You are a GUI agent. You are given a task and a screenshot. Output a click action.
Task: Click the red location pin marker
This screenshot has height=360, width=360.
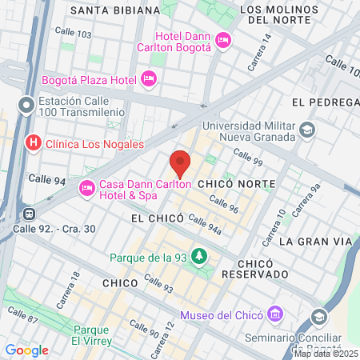[x=181, y=162]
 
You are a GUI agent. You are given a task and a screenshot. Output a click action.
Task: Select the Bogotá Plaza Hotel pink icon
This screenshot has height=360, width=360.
[x=148, y=78]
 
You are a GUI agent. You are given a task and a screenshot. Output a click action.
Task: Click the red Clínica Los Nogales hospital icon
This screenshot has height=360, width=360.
[x=34, y=143]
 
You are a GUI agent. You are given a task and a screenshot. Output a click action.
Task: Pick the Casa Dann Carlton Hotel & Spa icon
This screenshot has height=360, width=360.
[x=87, y=189]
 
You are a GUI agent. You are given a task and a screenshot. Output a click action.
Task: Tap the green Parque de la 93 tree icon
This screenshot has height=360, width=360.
[x=198, y=256]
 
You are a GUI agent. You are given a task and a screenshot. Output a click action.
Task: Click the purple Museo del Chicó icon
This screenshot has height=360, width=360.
[x=275, y=313]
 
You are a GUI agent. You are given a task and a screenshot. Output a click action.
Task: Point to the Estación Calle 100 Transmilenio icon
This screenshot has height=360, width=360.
[x=27, y=105]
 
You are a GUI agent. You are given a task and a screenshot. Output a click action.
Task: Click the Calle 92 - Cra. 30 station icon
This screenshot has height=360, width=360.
[x=30, y=214]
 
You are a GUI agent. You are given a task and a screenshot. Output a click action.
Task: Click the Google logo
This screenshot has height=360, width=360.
[x=27, y=350]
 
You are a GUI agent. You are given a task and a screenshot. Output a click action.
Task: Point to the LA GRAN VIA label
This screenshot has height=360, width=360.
[x=316, y=241]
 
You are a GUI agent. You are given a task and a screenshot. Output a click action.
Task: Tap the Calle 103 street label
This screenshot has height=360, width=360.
[x=74, y=32]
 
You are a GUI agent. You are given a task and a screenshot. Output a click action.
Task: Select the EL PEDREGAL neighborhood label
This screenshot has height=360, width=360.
[x=324, y=102]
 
